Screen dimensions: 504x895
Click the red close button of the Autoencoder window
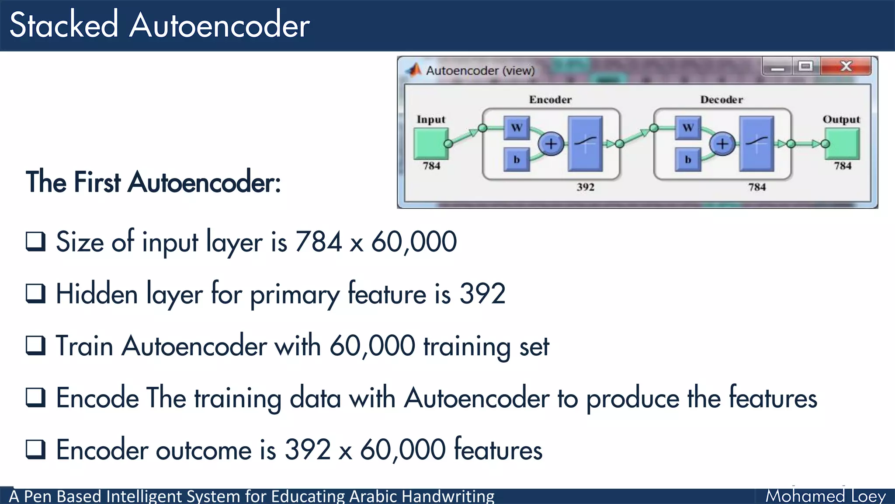point(846,66)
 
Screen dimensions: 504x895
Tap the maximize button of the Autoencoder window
point(805,66)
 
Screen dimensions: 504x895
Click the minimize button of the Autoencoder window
point(777,67)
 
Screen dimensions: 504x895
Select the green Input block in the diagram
point(431,143)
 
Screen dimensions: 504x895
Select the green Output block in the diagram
point(842,143)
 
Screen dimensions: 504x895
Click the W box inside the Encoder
point(517,128)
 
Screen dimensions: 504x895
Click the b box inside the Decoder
point(688,160)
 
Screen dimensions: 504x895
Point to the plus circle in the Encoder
point(551,143)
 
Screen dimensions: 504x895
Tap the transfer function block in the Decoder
point(756,143)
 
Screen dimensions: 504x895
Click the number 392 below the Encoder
point(585,187)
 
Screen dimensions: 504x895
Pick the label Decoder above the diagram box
point(722,100)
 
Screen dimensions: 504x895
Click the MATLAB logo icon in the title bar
point(413,70)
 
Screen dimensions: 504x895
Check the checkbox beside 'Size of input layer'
point(35,241)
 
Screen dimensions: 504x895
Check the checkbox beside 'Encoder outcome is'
point(35,449)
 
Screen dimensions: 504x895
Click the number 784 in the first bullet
point(318,241)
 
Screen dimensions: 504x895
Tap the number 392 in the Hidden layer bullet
point(482,294)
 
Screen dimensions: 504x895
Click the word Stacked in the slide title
point(64,25)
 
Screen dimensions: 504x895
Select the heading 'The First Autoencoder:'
point(153,182)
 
